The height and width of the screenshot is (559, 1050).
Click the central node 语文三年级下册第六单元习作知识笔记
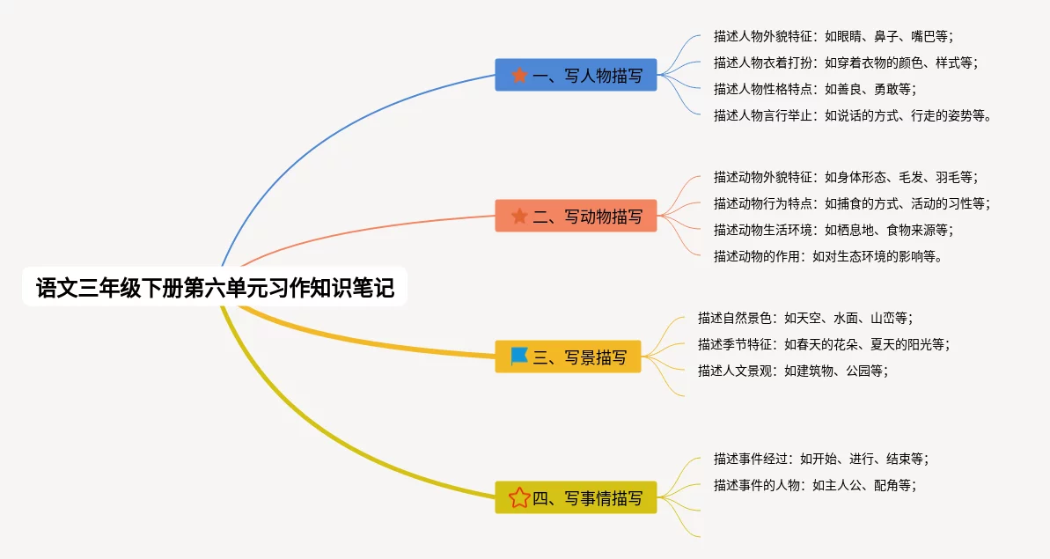coord(214,287)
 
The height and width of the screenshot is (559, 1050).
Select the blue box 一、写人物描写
coord(576,75)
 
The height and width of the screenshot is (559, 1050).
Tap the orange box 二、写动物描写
coord(576,216)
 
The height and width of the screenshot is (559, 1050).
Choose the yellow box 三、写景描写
coord(568,357)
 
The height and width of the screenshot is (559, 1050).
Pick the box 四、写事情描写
coord(576,497)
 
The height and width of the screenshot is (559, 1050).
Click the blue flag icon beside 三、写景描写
coord(519,357)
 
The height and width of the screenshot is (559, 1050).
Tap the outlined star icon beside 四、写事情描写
coord(519,497)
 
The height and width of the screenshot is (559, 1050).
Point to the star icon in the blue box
coord(519,75)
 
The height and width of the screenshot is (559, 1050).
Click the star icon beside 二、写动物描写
coord(519,216)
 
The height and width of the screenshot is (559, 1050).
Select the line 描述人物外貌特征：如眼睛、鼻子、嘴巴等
coord(833,36)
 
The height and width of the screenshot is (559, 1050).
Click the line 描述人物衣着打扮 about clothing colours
coord(846,63)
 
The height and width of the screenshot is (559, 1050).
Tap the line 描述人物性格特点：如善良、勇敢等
coord(815,89)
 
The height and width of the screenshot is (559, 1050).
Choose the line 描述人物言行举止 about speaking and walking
coord(853,116)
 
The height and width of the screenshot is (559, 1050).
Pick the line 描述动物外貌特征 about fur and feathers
coord(846,178)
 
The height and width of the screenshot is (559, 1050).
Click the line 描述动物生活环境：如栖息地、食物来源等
coord(833,231)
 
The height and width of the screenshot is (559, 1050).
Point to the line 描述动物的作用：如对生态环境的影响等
coord(827,256)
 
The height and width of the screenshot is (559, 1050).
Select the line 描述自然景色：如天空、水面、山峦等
coord(805,318)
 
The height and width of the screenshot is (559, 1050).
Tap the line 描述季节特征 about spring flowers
coord(824,345)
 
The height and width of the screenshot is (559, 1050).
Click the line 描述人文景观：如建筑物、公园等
coord(793,371)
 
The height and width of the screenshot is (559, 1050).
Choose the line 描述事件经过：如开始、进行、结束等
coord(821,460)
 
